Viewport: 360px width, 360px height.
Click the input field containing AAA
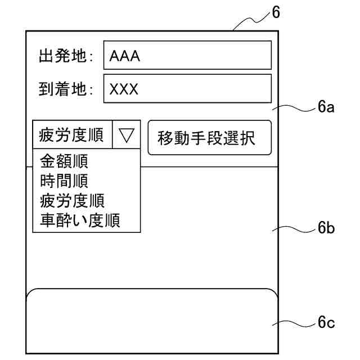187,55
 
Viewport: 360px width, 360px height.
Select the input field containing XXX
187,89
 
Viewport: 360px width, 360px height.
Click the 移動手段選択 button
209,138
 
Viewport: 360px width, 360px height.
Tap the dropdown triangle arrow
127,136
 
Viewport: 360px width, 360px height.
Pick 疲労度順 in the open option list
73,200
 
